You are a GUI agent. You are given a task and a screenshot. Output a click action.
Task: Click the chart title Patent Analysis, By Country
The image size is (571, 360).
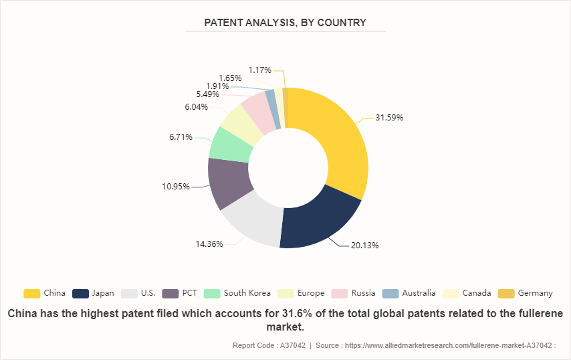tap(285, 23)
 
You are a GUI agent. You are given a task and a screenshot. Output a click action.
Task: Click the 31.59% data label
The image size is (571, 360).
tap(389, 118)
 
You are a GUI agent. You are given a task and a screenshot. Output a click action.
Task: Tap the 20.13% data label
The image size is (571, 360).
tap(364, 245)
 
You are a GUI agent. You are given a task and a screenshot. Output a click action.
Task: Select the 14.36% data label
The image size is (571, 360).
tap(209, 244)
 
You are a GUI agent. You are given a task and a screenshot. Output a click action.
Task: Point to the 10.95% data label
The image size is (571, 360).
tap(176, 186)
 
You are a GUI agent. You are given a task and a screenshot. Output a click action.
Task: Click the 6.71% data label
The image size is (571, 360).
tap(181, 137)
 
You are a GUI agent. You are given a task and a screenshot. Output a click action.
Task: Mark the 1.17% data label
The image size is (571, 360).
tap(259, 70)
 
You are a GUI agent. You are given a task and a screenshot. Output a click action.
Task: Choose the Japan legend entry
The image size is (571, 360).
tap(93, 293)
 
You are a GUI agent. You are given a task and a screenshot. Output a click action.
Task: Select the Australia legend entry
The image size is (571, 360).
tap(409, 293)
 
